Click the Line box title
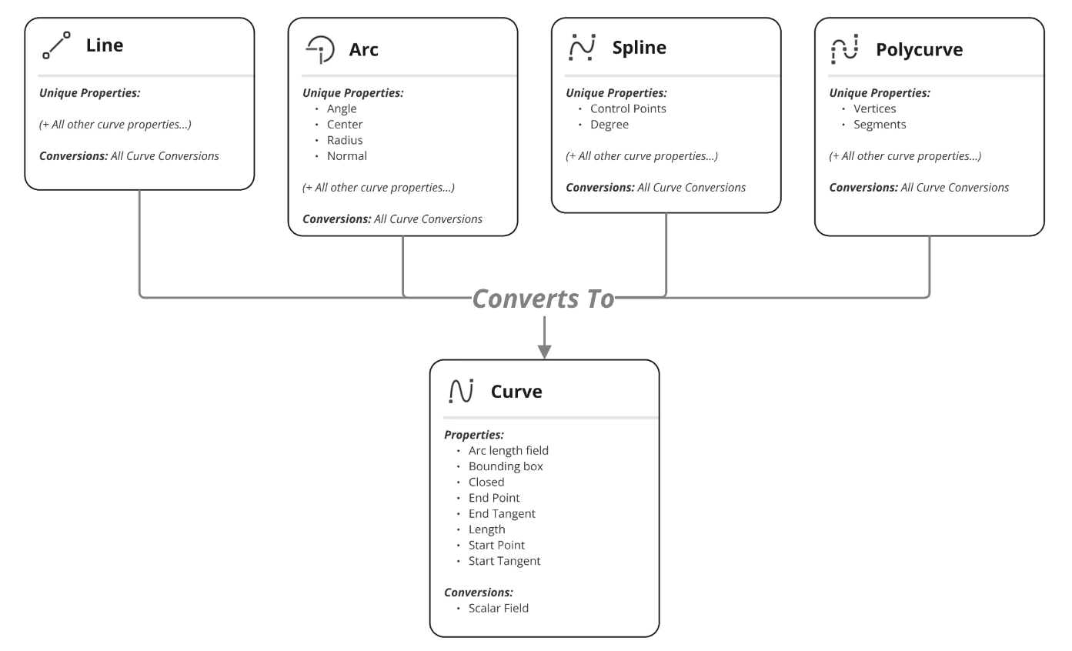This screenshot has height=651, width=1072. (105, 45)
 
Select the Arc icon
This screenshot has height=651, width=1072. (320, 49)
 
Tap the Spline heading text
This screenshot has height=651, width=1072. (639, 48)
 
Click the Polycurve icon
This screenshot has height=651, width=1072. (845, 49)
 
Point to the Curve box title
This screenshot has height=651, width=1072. (516, 392)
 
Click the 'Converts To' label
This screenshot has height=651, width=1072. (543, 299)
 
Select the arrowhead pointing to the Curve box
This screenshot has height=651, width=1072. (544, 352)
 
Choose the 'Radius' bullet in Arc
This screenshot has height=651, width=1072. (344, 140)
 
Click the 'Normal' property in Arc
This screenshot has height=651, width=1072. (346, 156)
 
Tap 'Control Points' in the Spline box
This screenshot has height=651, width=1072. (628, 108)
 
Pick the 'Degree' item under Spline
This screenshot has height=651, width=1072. (609, 125)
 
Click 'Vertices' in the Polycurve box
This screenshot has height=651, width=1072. (874, 108)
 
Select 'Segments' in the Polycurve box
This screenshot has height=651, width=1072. (880, 125)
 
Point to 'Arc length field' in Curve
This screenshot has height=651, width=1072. (508, 451)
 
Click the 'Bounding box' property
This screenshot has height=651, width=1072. (506, 466)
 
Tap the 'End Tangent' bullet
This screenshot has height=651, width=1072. (502, 514)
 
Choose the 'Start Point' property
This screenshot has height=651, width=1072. (496, 546)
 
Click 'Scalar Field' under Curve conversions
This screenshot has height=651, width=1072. (498, 608)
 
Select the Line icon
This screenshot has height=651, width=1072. (56, 45)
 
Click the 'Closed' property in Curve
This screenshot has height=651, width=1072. (486, 482)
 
